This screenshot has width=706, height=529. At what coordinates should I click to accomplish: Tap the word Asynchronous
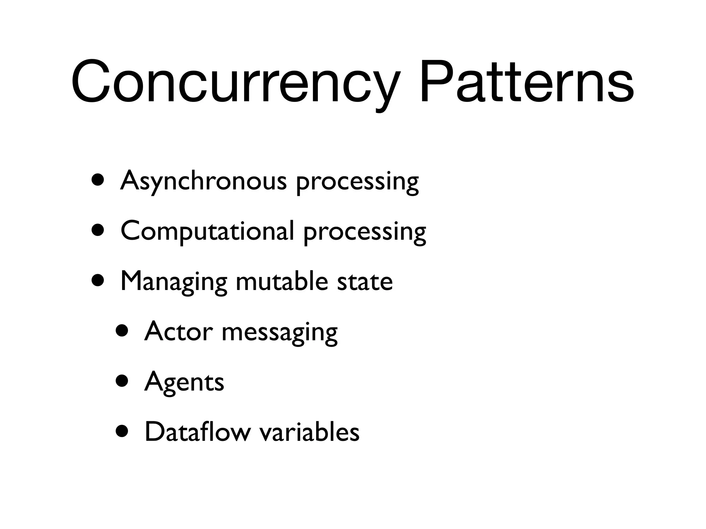[203, 181]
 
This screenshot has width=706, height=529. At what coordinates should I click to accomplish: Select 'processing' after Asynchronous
[357, 183]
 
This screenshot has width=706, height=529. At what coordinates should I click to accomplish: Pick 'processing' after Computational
[365, 233]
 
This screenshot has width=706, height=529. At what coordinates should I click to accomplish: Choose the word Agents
[184, 382]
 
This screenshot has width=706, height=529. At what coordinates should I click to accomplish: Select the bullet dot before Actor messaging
[122, 331]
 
